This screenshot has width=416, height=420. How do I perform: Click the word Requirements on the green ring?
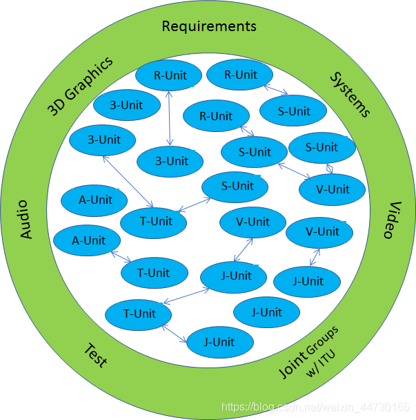[x=208, y=26]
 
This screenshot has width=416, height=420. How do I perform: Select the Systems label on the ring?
[x=349, y=94]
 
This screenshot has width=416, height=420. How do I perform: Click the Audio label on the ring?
[x=26, y=219]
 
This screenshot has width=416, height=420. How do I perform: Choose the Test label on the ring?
[x=95, y=355]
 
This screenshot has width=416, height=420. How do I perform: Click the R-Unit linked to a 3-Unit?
[x=169, y=76]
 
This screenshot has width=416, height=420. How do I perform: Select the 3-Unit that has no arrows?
[x=126, y=106]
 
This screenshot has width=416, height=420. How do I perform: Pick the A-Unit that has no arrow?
[x=95, y=200]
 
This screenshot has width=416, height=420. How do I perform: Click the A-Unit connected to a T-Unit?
[x=88, y=241]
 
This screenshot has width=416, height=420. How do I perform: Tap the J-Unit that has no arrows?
[x=266, y=312]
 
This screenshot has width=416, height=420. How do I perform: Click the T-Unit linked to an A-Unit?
[x=154, y=273]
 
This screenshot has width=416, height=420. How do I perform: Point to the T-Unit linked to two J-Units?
[x=139, y=314]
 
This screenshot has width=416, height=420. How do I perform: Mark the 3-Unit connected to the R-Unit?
[x=171, y=162]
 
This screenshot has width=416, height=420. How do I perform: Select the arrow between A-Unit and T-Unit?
[x=121, y=257]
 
